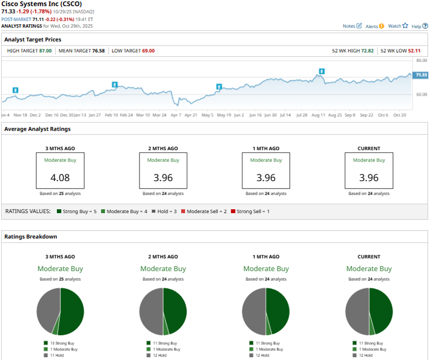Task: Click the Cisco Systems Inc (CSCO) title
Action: point(42,3)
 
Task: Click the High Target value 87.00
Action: point(45,51)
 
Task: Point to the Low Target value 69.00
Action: point(148,51)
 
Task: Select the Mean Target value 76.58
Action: point(100,51)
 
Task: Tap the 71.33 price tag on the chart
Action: point(420,75)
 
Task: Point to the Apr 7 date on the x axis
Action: point(176,114)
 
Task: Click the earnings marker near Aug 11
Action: point(322,71)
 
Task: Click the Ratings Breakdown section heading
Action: point(30,236)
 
